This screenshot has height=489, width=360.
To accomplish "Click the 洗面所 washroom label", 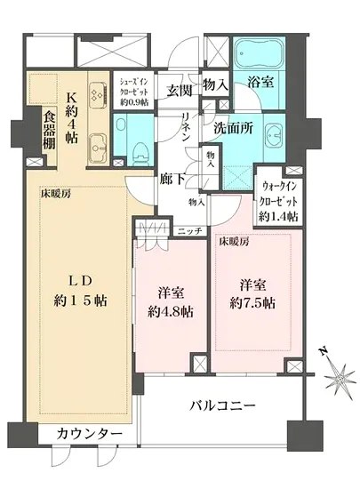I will pyautogui.click(x=238, y=127).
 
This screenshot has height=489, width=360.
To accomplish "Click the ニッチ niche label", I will pyautogui.click(x=189, y=230).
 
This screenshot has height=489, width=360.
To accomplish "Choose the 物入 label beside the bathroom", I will pyautogui.click(x=216, y=84).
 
